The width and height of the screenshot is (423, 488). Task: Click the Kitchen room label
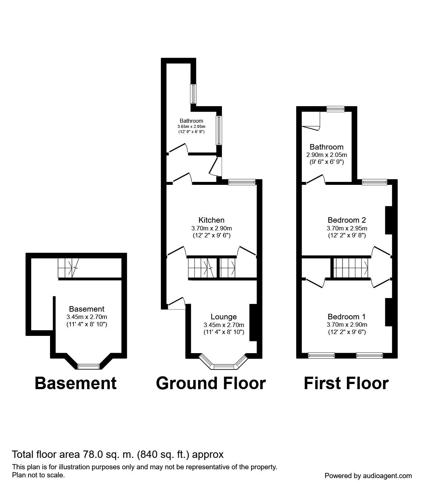[211, 220]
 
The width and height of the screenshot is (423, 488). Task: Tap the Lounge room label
[223, 317]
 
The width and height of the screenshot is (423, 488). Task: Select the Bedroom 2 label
[347, 220]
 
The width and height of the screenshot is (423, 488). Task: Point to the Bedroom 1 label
[347, 317]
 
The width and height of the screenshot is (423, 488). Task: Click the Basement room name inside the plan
[87, 309]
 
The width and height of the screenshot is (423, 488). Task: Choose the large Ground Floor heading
[211, 383]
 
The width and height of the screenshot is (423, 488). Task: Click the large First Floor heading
[346, 383]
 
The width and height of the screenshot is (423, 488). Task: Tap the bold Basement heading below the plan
[76, 383]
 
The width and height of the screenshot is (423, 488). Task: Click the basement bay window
[89, 366]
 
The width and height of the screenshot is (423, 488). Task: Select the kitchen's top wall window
[241, 182]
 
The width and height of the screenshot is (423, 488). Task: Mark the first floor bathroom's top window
[336, 108]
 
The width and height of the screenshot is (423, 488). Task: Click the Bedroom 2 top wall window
[374, 182]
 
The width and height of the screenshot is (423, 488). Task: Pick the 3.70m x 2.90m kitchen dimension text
[211, 228]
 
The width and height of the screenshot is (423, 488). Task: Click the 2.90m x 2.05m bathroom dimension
[326, 155]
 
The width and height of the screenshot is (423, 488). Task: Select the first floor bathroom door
[316, 179]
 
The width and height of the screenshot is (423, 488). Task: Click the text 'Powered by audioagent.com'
[368, 476]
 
